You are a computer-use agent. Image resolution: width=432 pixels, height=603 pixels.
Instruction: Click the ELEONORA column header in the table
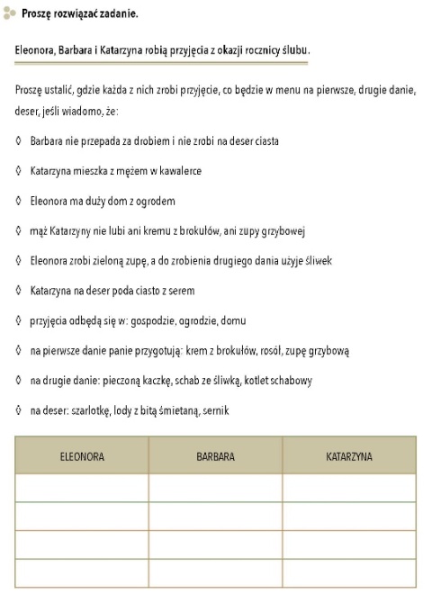[x=82, y=456]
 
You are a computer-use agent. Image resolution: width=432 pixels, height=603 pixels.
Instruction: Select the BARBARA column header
[x=215, y=456]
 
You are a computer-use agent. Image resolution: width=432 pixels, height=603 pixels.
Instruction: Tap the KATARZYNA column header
[x=349, y=456]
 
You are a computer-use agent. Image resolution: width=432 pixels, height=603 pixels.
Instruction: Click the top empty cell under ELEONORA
[x=82, y=488]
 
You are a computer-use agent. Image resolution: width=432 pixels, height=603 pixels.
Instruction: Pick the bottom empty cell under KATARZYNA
[x=349, y=572]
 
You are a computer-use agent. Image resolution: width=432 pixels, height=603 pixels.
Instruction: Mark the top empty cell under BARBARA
[x=215, y=488]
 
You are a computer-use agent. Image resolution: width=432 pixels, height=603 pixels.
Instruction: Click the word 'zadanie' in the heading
[x=117, y=15]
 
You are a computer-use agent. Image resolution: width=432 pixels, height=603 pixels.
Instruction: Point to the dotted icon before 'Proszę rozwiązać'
[x=10, y=15]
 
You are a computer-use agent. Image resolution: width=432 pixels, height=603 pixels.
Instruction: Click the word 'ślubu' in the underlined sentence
[x=295, y=50]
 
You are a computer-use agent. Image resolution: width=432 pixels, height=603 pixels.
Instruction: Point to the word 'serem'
[x=176, y=291]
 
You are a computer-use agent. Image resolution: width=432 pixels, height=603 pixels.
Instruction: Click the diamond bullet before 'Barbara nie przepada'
[x=20, y=141]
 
